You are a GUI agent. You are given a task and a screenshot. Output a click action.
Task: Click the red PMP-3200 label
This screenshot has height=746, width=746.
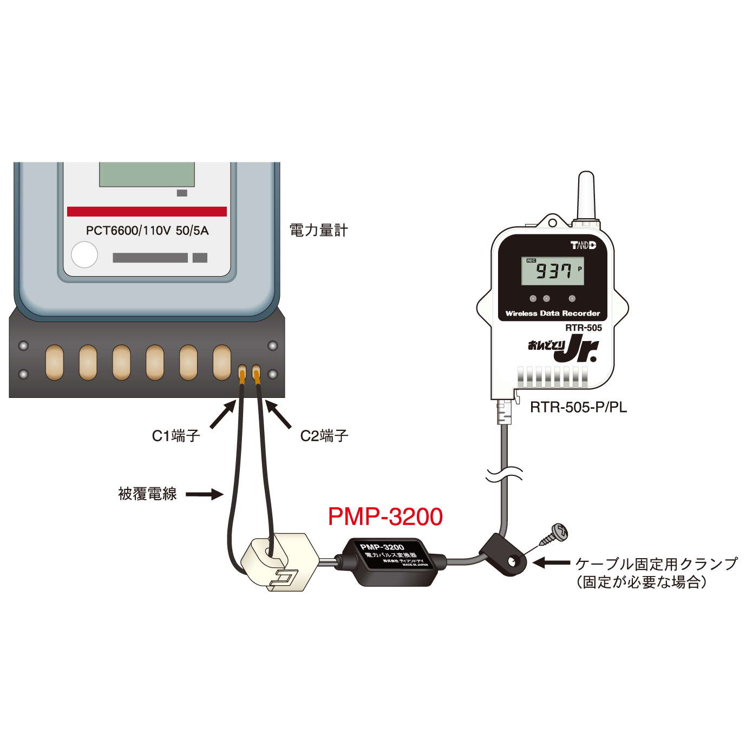385,516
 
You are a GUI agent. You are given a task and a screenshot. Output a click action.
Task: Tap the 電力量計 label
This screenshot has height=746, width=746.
318,230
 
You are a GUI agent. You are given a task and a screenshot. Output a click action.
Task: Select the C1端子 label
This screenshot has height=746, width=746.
176,436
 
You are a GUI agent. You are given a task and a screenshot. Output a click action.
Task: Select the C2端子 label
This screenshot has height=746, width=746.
324,436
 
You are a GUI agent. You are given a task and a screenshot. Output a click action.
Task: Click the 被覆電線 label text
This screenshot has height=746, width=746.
147,494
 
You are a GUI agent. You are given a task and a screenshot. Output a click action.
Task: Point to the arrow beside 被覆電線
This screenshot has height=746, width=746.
204,494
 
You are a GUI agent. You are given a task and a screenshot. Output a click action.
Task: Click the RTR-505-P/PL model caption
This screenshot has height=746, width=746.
578,407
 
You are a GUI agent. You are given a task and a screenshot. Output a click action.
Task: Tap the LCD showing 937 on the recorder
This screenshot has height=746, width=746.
552,271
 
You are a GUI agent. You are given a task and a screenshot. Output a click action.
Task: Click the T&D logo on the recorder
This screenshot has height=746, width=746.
583,245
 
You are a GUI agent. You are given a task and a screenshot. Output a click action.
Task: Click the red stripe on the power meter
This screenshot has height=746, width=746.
147,212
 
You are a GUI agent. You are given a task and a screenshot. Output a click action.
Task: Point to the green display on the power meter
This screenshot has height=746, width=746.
147,174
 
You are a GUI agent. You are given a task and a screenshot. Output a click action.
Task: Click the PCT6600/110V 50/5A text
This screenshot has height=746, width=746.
147,231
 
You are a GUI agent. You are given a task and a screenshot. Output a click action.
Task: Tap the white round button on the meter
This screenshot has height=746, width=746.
84,255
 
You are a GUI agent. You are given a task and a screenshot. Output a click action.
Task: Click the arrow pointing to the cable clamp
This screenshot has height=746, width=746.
551,563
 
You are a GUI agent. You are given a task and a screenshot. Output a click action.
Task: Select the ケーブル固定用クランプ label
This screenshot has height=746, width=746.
656,564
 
